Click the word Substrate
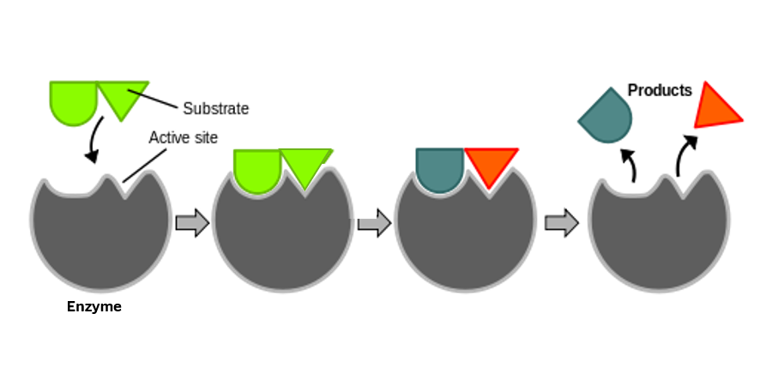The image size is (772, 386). [215, 108]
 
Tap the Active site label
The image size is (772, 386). [184, 137]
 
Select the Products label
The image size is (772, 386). [660, 90]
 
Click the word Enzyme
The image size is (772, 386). [94, 307]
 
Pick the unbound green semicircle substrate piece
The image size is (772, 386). [73, 101]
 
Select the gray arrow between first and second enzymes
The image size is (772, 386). [192, 222]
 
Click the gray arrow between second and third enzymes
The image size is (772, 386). [374, 223]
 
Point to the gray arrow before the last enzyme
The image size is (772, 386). [561, 222]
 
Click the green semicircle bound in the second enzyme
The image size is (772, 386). [257, 170]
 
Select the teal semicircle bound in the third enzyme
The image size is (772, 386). [440, 168]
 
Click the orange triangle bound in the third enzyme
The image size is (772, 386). [491, 165]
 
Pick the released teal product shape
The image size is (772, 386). [606, 116]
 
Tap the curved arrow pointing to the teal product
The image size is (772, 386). [630, 165]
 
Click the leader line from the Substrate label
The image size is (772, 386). [153, 99]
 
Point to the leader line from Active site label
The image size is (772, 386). [144, 166]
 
